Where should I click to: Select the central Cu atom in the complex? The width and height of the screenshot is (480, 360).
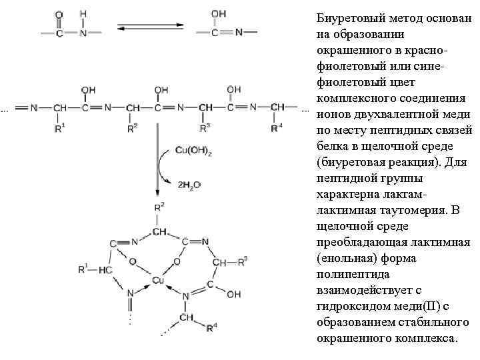[x=158, y=280]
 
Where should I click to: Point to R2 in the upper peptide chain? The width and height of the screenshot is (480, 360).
[x=133, y=127]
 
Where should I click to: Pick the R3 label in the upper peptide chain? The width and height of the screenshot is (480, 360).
[x=204, y=127]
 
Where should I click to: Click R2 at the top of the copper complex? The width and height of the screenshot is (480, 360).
[x=159, y=207]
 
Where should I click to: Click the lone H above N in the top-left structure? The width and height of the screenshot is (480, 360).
[x=83, y=13]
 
